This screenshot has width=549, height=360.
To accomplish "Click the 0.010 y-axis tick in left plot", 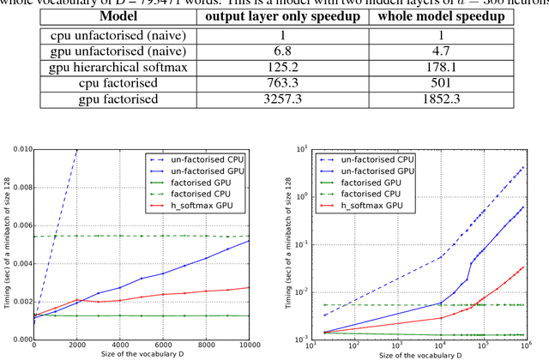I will click(x=19, y=149).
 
